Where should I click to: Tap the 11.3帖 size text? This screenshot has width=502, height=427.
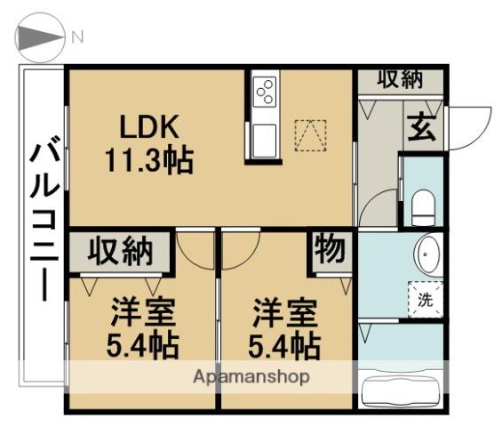147,161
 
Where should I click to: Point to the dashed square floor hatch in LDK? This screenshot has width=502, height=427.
310,135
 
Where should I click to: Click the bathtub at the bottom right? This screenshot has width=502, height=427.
402,390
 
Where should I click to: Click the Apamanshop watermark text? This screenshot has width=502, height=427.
251,376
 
